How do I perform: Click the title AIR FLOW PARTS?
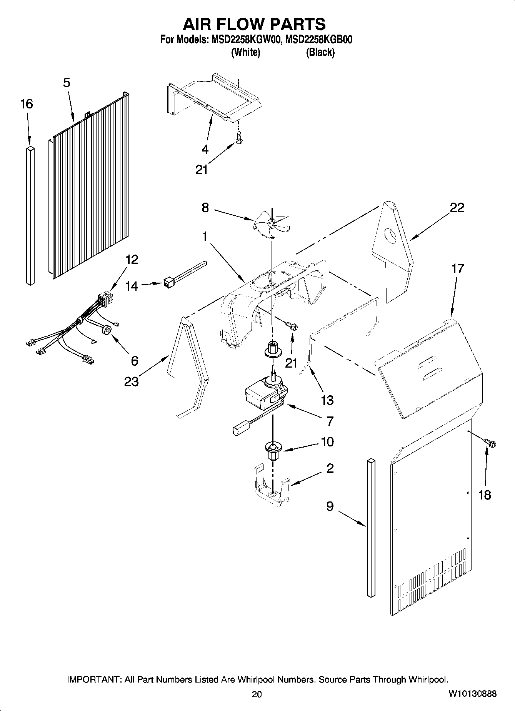click(x=254, y=24)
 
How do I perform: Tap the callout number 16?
click(x=27, y=104)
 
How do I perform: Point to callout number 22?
click(x=457, y=208)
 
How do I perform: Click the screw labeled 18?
click(x=490, y=443)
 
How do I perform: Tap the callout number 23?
click(x=131, y=381)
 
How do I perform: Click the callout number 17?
click(x=458, y=268)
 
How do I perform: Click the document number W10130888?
click(x=472, y=694)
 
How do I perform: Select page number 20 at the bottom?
click(x=257, y=694)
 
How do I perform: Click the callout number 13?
click(x=327, y=400)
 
